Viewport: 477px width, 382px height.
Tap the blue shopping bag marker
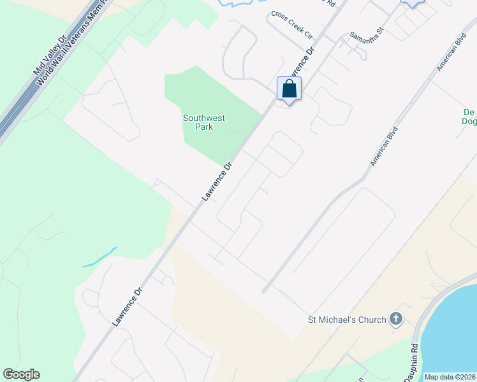(289, 89)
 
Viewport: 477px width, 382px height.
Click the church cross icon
(395, 319)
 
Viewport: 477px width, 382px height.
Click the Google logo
(21, 374)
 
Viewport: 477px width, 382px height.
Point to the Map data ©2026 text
(450, 377)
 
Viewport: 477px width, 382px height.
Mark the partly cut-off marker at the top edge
(412, 3)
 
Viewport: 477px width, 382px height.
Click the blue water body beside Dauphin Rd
(453, 337)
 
